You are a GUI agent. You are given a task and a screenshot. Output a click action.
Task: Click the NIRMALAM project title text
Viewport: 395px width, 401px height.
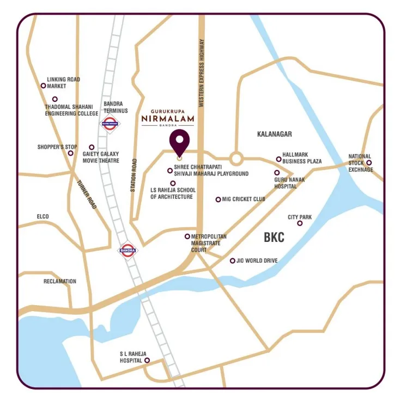coord(166,117)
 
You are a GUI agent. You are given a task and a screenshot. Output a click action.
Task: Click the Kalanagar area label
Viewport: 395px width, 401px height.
coord(275,133)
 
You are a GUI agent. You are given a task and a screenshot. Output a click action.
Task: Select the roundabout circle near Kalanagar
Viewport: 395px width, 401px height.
coord(236,159)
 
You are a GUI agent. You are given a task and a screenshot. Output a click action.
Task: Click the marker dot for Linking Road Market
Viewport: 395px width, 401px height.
coord(44,86)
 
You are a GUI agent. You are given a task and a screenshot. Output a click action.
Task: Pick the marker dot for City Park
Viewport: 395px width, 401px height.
coord(300,223)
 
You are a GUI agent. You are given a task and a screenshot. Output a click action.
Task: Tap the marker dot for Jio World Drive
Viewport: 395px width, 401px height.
coord(233,261)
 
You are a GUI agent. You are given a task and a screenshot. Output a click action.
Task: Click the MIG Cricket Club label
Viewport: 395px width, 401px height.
coord(244,199)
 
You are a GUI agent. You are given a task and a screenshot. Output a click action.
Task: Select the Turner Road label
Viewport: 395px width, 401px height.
coord(87,195)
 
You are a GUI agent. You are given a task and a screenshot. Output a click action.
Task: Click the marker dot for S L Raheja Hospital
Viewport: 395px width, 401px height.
coord(147,360)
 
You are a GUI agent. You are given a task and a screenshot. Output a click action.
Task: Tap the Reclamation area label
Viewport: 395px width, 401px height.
coord(60,282)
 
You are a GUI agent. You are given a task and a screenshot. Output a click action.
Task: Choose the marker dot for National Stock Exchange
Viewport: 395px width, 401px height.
coord(369,162)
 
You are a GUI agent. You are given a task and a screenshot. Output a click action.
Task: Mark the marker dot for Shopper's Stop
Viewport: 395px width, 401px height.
coord(70,153)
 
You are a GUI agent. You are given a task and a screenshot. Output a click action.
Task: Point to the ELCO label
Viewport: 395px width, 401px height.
coord(42,217)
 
